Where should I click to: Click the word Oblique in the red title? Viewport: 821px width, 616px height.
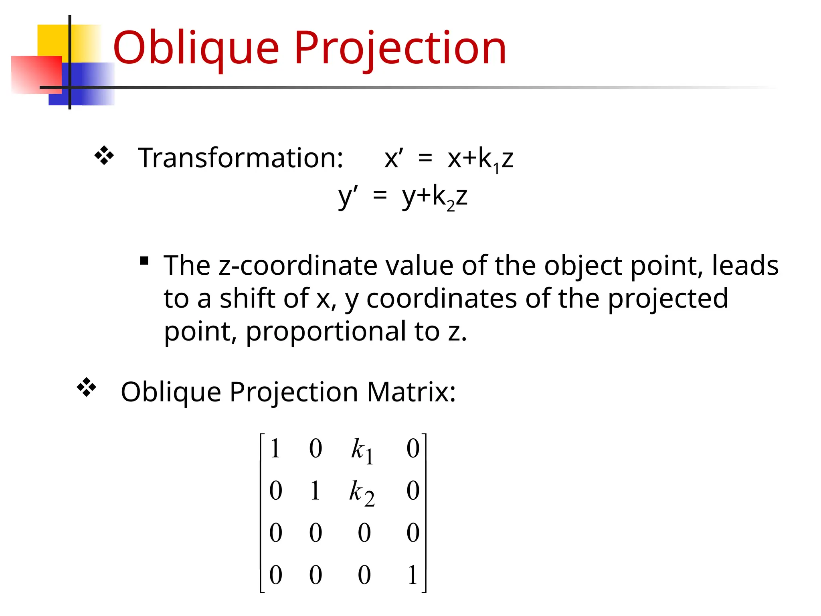tap(196, 48)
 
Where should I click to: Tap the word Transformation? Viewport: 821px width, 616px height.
tap(241, 158)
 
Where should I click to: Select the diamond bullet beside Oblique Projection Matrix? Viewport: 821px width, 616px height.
tap(87, 387)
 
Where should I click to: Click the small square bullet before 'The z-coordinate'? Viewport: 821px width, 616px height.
tap(144, 261)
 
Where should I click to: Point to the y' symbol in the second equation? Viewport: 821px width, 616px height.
tap(348, 197)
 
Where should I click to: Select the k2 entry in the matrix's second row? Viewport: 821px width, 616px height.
tap(362, 493)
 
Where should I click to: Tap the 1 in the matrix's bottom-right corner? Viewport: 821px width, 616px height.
tap(413, 575)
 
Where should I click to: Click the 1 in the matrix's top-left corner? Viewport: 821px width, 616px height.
tap(275, 449)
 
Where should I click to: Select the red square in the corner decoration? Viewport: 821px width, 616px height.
tap(36, 75)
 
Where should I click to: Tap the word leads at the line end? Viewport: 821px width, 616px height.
tap(745, 266)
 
